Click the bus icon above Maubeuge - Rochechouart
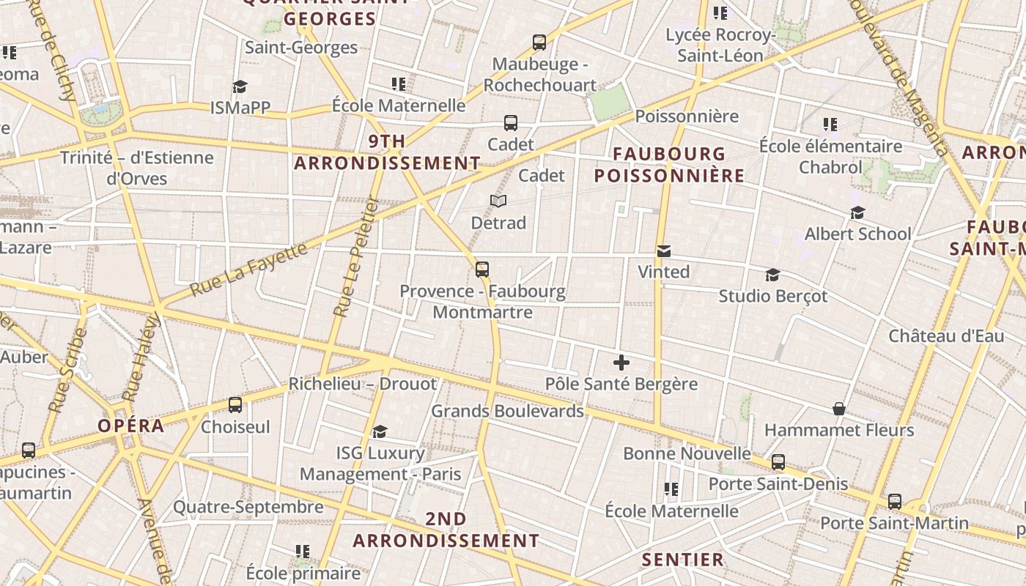[x=539, y=42]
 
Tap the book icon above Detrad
[x=498, y=201]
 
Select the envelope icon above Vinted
[x=663, y=251]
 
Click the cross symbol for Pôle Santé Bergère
[x=621, y=362]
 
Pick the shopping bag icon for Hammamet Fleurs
[x=839, y=409]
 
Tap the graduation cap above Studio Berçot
[x=772, y=275]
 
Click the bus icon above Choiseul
[x=235, y=405]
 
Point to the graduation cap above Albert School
[x=857, y=212]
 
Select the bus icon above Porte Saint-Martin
[x=895, y=502]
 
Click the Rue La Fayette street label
[x=249, y=270]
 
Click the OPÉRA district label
[x=131, y=426]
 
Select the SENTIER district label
[x=683, y=560]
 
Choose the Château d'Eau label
[x=946, y=336]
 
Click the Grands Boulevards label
[x=507, y=411]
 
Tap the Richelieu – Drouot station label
[x=362, y=384]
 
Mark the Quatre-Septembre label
[x=248, y=507]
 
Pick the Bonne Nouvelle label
[x=687, y=453]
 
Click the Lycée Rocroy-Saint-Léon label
[x=720, y=45]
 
